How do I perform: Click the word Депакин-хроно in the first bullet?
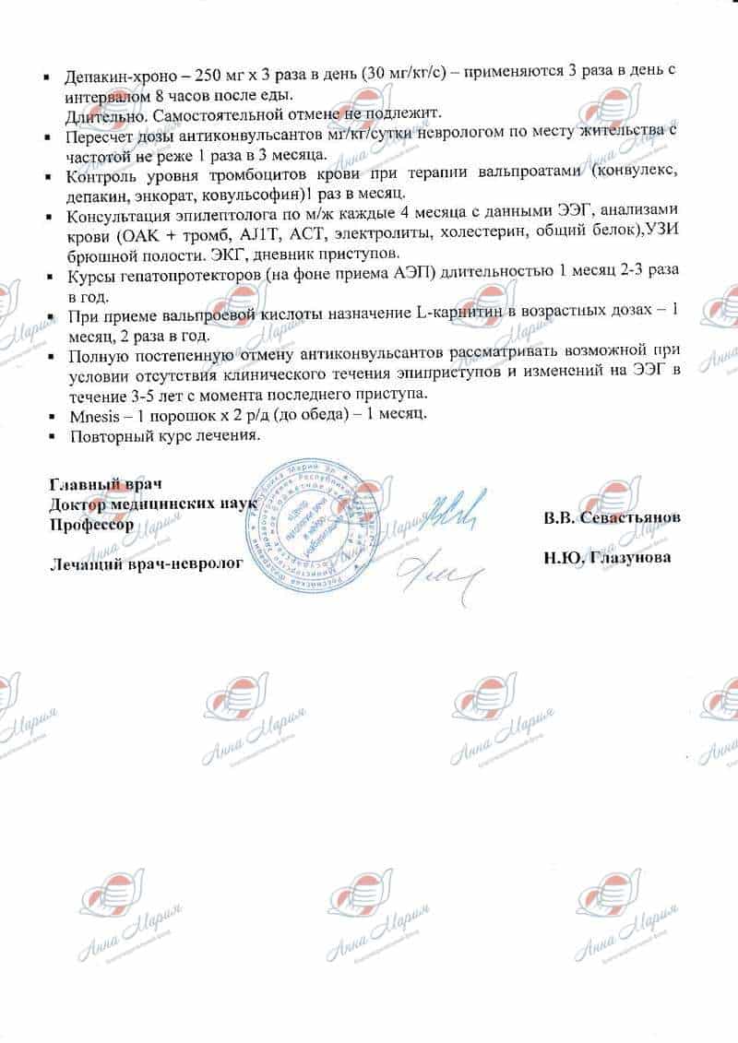point(112,79)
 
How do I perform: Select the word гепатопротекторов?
point(181,278)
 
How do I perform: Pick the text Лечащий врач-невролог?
point(145,563)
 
